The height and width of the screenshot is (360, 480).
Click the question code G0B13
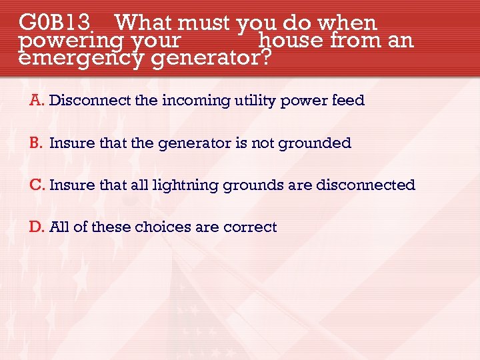point(55,23)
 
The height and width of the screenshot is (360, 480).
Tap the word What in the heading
point(144,23)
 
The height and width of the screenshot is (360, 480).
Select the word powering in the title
point(61,42)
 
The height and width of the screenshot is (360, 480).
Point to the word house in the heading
point(291,41)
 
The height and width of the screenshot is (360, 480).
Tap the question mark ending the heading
point(265,59)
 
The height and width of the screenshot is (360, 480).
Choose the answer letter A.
point(36,101)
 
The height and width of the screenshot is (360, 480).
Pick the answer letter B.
point(35,143)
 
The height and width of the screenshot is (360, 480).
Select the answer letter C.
point(36,185)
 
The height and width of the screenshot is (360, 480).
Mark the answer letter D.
point(36,227)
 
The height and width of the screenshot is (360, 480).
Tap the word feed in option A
point(349,101)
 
